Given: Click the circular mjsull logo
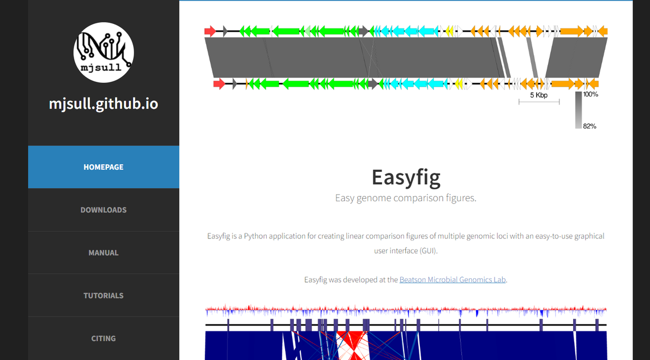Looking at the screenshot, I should click(x=104, y=52).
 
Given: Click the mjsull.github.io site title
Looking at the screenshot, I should click(x=104, y=104).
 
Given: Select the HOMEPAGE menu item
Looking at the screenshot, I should click(x=104, y=167).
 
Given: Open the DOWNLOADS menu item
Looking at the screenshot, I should click(x=104, y=210).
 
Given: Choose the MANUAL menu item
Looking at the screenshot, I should click(x=104, y=253).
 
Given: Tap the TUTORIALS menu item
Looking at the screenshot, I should click(x=104, y=296).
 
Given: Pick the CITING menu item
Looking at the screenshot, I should click(x=104, y=338).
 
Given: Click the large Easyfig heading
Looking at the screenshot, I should click(x=406, y=177).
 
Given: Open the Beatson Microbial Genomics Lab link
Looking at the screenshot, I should click(x=453, y=280).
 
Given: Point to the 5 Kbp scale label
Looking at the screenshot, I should click(x=539, y=95).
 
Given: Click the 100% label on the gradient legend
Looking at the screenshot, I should click(x=591, y=94).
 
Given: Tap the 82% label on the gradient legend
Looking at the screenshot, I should click(x=589, y=126).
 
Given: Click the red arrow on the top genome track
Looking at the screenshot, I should click(x=210, y=31).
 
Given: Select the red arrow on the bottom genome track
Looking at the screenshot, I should click(x=219, y=83).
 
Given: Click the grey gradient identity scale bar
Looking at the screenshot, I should click(x=578, y=110).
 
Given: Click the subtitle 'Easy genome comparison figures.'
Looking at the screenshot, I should click(x=406, y=198).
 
